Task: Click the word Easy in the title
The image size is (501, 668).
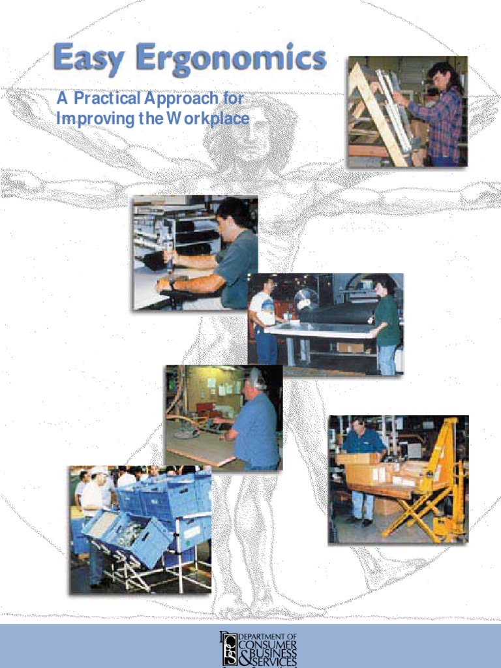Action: (89, 59)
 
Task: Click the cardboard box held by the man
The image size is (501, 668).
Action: (358, 459)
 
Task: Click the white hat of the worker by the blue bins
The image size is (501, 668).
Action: (99, 470)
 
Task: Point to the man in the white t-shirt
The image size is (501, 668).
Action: (264, 320)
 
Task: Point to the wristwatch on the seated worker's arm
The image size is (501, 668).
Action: (172, 285)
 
